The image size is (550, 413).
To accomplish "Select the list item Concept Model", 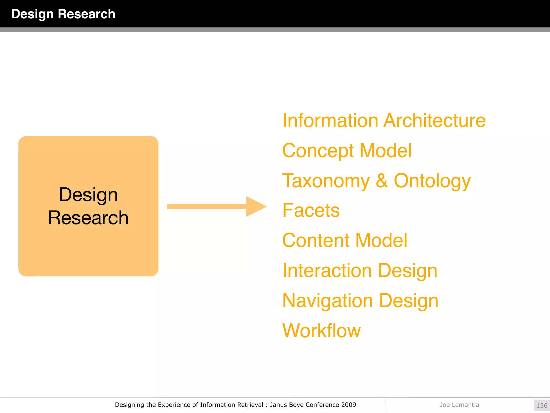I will click(x=347, y=151).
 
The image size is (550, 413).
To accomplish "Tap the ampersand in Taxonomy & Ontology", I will click(x=382, y=181).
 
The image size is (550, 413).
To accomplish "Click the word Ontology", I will click(x=432, y=181).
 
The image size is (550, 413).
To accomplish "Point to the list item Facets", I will click(x=311, y=210).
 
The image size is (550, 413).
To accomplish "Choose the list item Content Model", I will click(x=345, y=240).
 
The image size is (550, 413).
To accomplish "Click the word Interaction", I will click(x=327, y=270).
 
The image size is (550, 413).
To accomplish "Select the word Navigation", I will click(x=328, y=301).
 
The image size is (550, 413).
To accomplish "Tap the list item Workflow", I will click(x=321, y=331).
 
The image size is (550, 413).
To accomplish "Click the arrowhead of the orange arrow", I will click(x=255, y=206).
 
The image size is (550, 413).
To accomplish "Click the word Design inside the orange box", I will click(x=88, y=195).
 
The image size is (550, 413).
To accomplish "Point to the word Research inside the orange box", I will click(x=88, y=218).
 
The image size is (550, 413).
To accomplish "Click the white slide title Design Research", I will click(x=63, y=14).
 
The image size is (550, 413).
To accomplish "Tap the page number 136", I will click(x=542, y=405).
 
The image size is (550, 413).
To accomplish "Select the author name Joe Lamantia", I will click(x=459, y=405).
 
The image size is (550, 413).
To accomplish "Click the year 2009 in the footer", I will click(x=349, y=405).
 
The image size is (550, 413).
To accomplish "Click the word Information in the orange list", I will click(x=331, y=120).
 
